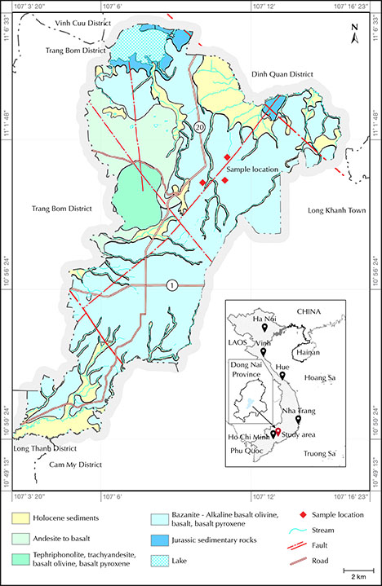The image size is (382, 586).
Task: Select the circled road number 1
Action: [171, 284]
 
